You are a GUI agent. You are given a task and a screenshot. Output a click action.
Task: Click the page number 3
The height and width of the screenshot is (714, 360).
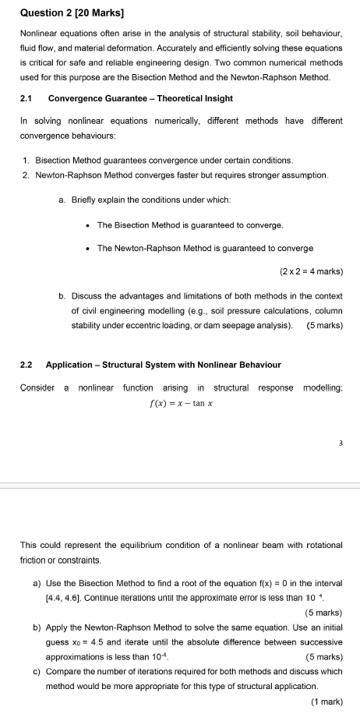(341, 444)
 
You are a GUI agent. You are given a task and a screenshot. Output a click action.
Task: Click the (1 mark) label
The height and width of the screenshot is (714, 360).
(326, 701)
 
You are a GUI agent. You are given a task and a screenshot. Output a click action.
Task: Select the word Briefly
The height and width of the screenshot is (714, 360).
(86, 200)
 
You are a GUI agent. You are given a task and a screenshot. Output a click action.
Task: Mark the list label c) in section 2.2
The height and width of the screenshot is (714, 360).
(37, 671)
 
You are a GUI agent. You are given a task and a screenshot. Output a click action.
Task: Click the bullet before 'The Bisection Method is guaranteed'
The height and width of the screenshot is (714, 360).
(87, 225)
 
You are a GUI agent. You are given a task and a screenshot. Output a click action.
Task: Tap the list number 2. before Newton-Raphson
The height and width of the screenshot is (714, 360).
(27, 175)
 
